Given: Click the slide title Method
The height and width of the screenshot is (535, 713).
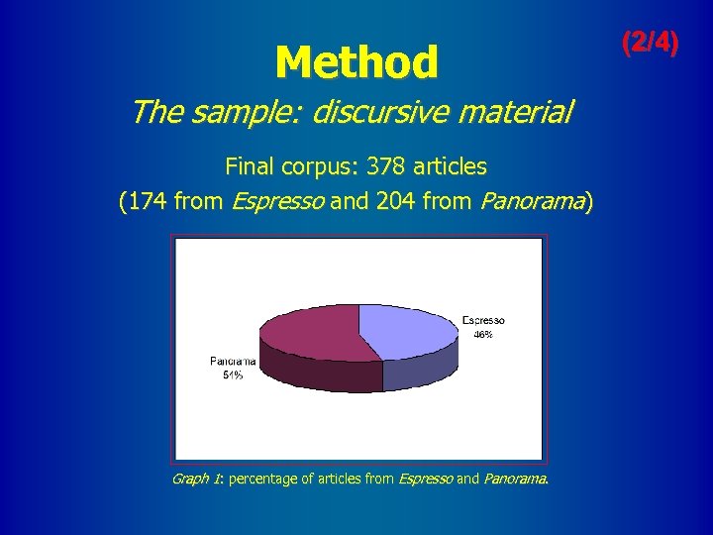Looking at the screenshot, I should pyautogui.click(x=356, y=63).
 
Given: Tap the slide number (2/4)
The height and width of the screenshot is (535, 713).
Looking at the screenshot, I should pyautogui.click(x=650, y=43).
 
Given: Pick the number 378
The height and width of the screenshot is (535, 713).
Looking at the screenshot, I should pyautogui.click(x=387, y=165).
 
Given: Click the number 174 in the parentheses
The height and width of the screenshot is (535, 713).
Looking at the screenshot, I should pyautogui.click(x=146, y=203).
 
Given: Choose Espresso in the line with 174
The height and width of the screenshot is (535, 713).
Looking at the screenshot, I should pyautogui.click(x=278, y=204).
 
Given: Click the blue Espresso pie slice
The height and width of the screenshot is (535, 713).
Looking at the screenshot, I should pyautogui.click(x=406, y=328).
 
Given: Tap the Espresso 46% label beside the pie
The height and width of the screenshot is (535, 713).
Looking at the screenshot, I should pyautogui.click(x=483, y=327).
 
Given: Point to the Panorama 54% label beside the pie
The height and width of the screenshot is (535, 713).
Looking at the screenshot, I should pyautogui.click(x=233, y=368).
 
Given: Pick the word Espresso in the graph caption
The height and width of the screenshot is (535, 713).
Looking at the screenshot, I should pyautogui.click(x=426, y=479).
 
